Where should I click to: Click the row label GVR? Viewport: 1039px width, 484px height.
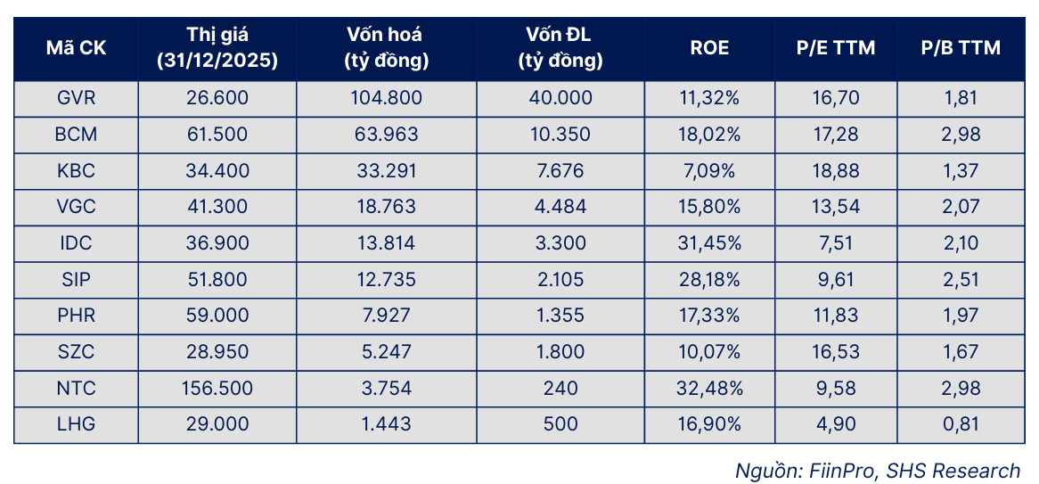pos(76,99)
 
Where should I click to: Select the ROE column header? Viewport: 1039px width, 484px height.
pos(709,48)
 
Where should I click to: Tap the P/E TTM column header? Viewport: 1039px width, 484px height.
pos(836,48)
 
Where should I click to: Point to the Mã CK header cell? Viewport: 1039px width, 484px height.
pos(76,48)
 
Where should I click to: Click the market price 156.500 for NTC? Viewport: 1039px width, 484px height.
pos(216,388)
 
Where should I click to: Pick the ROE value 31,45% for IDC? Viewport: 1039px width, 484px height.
pos(709,243)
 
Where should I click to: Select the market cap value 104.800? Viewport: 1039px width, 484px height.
pos(386,99)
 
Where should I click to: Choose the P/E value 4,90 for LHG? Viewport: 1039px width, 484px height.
pos(836,423)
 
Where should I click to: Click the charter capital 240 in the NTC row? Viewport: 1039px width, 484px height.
pos(560,388)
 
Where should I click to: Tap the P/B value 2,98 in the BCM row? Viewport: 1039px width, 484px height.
pos(961,135)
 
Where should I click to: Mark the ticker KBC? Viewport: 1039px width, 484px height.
pos(76,171)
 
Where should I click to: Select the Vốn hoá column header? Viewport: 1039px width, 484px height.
pos(386,48)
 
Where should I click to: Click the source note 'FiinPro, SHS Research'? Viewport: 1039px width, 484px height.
pos(913,470)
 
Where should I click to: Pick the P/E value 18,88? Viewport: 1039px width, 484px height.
pos(836,171)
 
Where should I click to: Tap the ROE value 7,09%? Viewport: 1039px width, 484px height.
pos(709,171)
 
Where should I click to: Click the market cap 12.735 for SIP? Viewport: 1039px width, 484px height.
pos(386,279)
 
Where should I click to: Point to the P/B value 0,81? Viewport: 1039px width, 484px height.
pos(961,423)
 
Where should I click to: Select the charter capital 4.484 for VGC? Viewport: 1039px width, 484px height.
pos(560,207)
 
